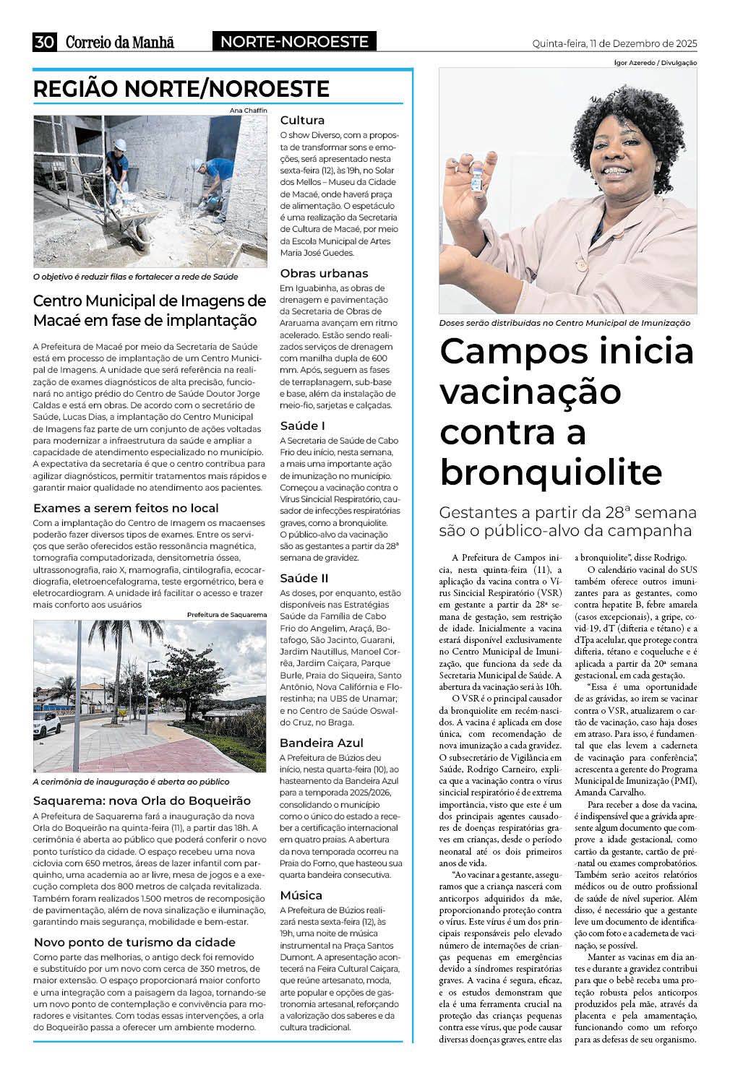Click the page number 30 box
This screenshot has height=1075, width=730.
44,42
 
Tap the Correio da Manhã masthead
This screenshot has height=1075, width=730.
120,43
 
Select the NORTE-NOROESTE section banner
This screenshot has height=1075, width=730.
294,42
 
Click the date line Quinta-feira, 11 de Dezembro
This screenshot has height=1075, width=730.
614,43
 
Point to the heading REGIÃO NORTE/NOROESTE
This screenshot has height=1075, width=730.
181,89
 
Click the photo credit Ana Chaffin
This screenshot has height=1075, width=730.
248,110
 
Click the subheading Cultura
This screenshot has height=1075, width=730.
302,120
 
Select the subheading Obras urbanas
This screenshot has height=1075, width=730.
324,273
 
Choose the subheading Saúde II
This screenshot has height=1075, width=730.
304,578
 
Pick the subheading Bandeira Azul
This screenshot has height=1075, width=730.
322,743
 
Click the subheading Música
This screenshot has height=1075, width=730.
301,895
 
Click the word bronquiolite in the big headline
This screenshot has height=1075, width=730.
551,472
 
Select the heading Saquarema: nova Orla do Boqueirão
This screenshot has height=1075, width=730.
142,800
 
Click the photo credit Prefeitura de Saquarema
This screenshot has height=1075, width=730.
227,615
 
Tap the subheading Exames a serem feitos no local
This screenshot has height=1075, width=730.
126,508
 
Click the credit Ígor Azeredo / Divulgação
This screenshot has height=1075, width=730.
656,63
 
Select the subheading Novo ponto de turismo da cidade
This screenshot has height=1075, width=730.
134,942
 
